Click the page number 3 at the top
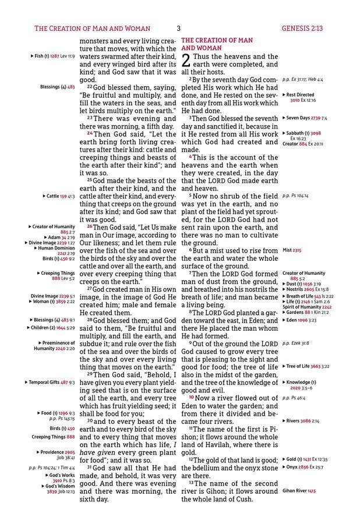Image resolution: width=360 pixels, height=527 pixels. point(179,28)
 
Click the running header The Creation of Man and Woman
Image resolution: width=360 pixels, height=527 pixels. point(92,28)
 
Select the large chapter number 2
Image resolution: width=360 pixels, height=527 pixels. point(186,60)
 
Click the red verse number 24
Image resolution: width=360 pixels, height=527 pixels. point(90,133)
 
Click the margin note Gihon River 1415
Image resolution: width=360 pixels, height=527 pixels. point(299,491)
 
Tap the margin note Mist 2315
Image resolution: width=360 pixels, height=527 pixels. point(292,250)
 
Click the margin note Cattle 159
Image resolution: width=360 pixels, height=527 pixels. point(59,196)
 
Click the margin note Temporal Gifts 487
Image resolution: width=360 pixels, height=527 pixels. point(51,383)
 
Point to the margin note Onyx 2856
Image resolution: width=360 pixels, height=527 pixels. point(303,467)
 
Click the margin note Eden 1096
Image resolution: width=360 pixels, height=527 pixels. point(301,320)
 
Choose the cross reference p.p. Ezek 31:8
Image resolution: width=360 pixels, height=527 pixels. point(297,343)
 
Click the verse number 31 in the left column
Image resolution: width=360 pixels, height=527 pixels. point(90,468)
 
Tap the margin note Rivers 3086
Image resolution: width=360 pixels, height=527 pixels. point(302,420)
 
